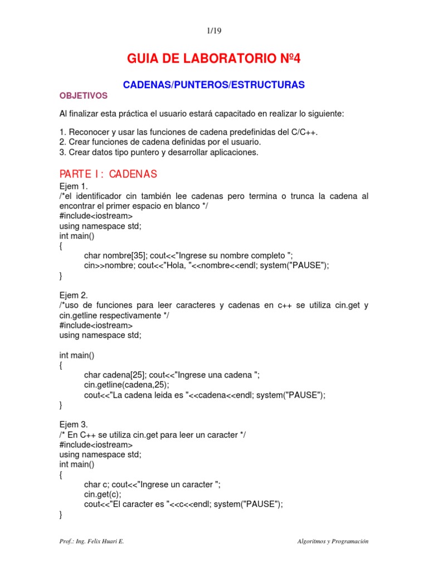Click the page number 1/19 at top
coord(214,31)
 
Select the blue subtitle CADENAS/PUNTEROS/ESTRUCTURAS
coord(213,84)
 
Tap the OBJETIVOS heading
coord(84,96)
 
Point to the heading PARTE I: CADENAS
coord(108,174)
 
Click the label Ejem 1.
coord(74,186)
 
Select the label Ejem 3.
coord(74,424)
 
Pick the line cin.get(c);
coord(103,494)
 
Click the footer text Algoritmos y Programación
coord(333,541)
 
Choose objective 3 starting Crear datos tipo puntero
coord(159,152)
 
